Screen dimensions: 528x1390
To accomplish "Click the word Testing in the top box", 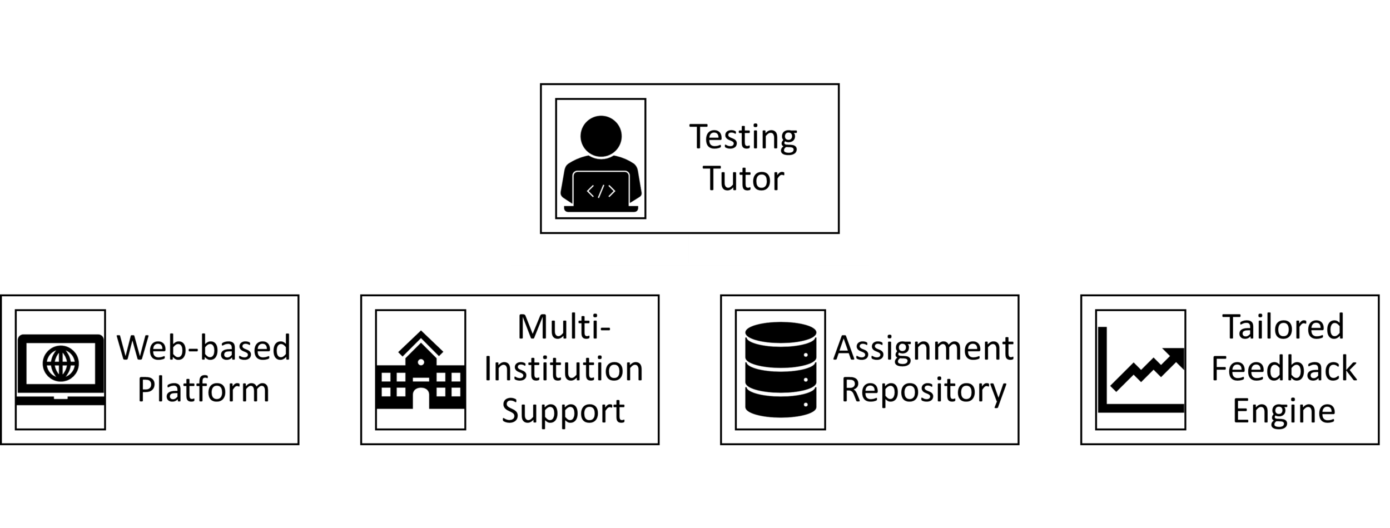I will [x=743, y=137].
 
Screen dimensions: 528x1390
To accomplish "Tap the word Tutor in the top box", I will [x=744, y=178].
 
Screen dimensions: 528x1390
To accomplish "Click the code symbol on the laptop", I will [x=601, y=191].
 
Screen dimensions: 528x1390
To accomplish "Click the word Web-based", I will [x=203, y=348].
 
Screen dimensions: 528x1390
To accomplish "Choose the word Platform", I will [x=203, y=390].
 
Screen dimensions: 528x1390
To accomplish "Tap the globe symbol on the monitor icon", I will [x=61, y=364].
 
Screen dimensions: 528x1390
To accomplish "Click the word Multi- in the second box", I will [x=564, y=327].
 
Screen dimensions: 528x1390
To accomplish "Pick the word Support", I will [x=564, y=411].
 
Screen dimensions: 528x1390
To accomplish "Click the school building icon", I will [x=421, y=372].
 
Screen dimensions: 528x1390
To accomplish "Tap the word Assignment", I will [x=923, y=348].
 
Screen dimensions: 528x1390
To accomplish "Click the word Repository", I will [x=923, y=390].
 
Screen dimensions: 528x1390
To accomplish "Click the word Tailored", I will [x=1284, y=327].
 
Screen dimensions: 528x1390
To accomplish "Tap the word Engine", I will [x=1284, y=411].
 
